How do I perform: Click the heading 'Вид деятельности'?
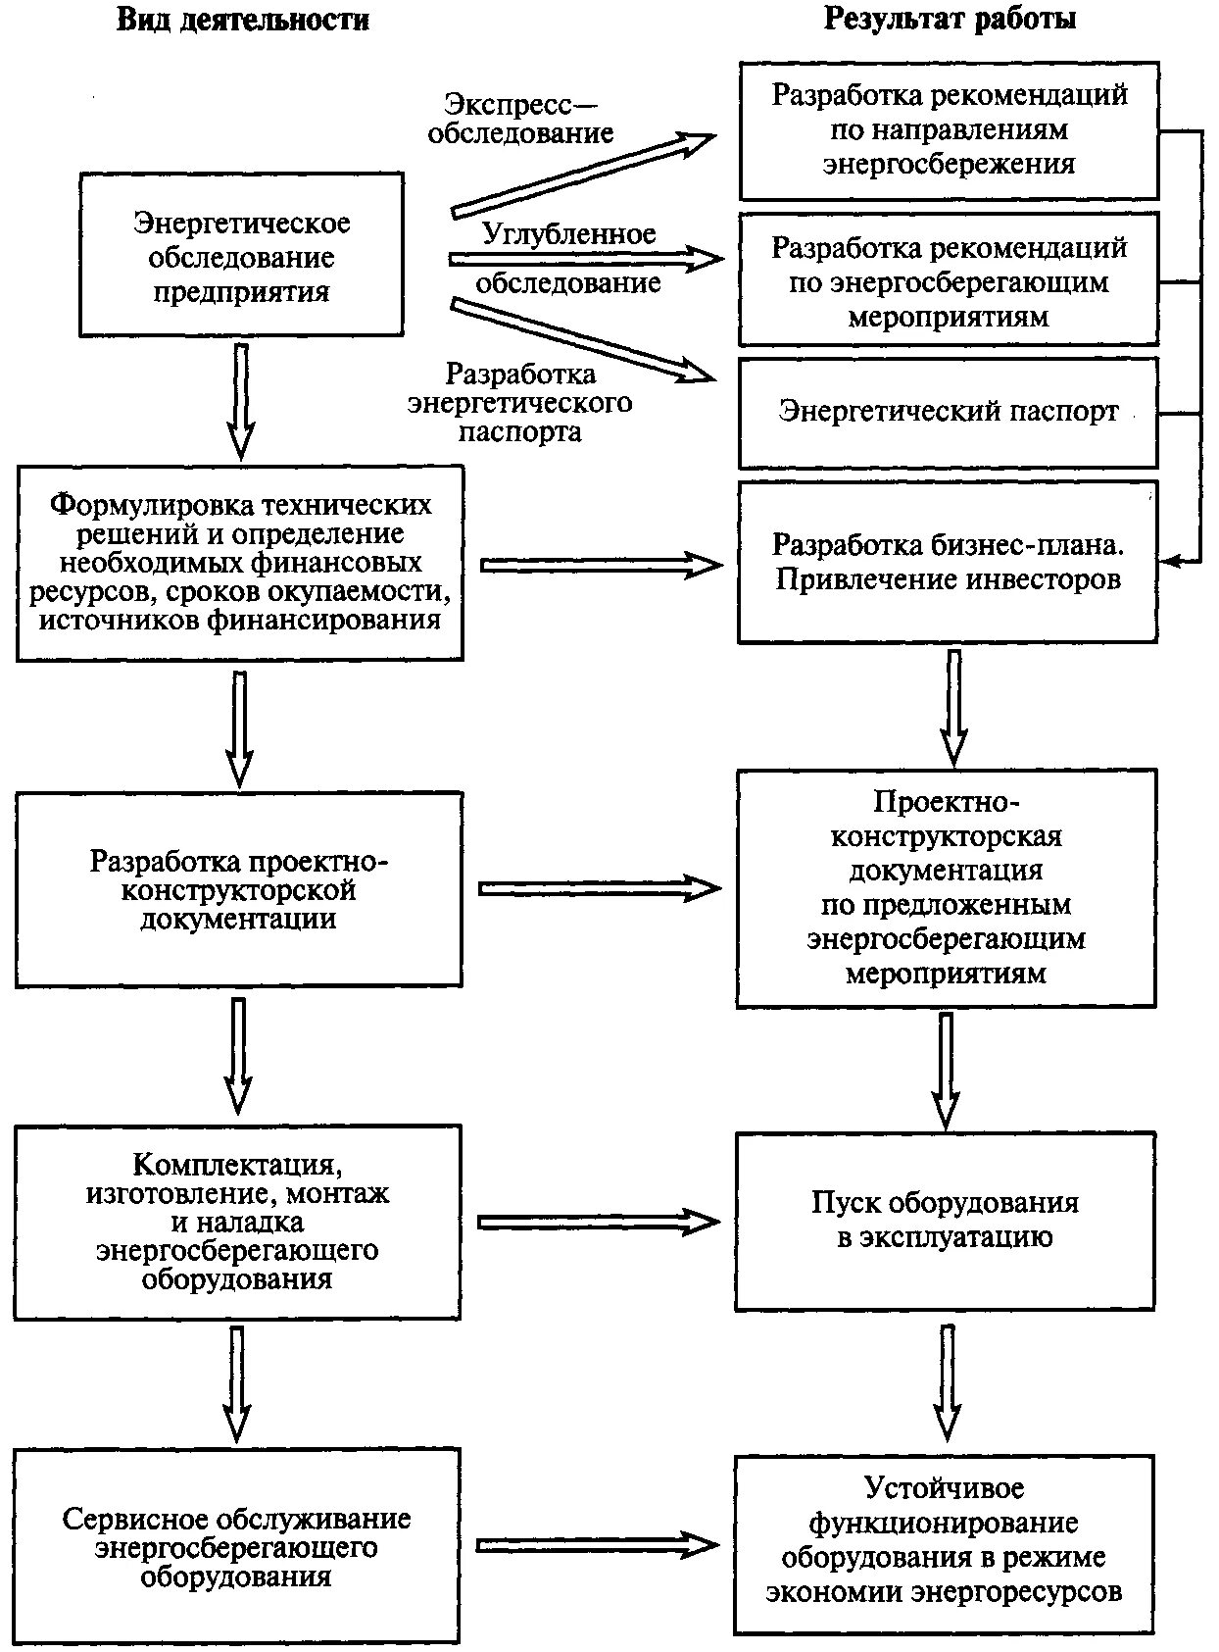click(243, 20)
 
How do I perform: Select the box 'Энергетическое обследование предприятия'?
click(241, 256)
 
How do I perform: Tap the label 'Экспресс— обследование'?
click(520, 118)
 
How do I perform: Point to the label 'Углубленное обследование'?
click(568, 259)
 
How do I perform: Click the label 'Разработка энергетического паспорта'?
click(520, 403)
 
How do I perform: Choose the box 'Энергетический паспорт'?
click(948, 412)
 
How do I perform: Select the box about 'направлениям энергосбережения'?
click(948, 130)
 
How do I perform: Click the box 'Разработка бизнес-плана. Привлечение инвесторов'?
click(948, 562)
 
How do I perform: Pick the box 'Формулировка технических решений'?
click(240, 563)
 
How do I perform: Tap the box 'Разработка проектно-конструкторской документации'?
click(239, 889)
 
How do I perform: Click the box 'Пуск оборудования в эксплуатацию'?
click(946, 1221)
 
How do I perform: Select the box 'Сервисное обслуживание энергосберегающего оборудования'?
click(237, 1547)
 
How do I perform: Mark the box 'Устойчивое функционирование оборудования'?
click(945, 1547)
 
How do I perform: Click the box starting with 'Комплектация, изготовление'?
click(238, 1222)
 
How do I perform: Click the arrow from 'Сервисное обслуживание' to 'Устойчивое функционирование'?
click(598, 1546)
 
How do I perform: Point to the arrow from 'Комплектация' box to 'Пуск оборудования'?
click(599, 1222)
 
